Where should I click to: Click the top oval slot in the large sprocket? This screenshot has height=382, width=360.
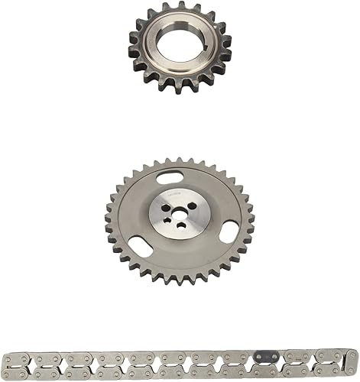[170, 178]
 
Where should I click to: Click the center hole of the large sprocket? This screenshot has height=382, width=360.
[180, 212]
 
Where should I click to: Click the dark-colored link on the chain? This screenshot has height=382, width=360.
[265, 357]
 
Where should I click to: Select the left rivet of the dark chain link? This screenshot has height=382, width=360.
[258, 357]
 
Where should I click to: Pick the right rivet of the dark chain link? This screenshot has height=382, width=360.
[273, 357]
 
